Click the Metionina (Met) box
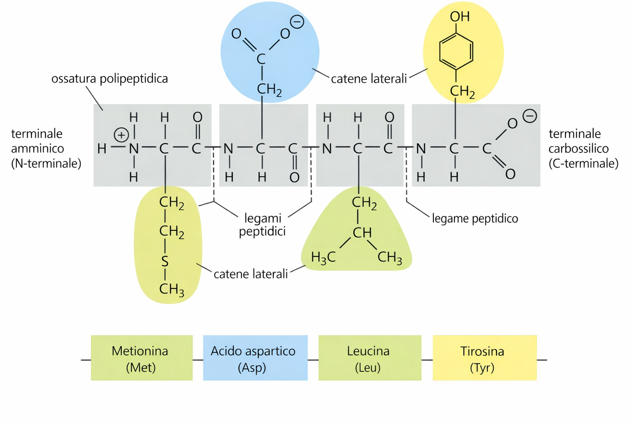point(142,358)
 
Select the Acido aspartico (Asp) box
point(255,358)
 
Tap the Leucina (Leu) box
point(369,358)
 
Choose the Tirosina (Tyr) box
point(484,358)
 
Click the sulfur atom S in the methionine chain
point(165,261)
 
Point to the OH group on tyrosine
point(459,16)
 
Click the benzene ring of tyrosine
point(456,52)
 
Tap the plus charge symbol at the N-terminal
point(121,135)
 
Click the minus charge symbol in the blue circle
point(297,22)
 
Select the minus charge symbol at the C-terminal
point(530,116)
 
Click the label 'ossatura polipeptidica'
point(109,79)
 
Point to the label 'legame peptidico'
point(475,218)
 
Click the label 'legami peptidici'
point(263,225)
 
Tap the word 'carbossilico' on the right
point(578,148)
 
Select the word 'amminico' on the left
point(38,148)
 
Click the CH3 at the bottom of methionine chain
point(171,289)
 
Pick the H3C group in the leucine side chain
point(323,258)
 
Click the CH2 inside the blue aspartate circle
point(269,89)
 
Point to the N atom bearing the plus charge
point(134,149)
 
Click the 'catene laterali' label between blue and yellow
point(369,79)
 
